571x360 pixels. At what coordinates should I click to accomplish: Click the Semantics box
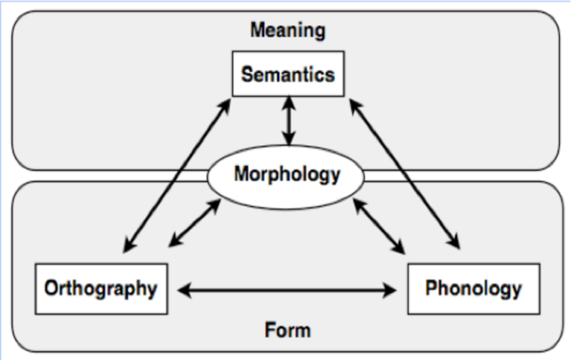point(288,74)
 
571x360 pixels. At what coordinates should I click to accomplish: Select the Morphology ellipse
point(287,176)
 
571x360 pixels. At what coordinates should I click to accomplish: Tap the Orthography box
point(100,289)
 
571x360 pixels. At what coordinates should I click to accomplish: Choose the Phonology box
point(473,289)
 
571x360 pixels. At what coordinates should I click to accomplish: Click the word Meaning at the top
point(287,30)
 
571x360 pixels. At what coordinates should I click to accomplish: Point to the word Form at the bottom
point(286,328)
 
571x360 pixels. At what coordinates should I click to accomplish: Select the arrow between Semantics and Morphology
point(288,120)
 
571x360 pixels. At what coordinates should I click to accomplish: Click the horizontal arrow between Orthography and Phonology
point(286,289)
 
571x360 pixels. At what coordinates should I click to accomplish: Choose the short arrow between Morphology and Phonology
point(379,224)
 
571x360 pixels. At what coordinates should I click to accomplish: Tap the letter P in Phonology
point(430,289)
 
